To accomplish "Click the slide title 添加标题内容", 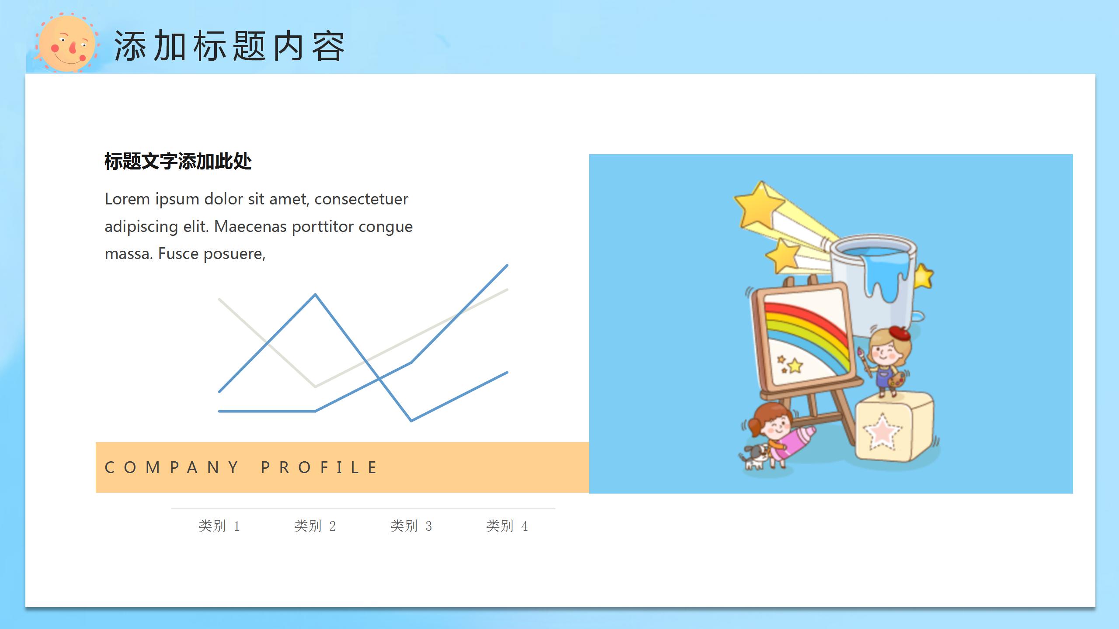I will [229, 46].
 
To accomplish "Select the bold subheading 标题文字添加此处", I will [178, 161].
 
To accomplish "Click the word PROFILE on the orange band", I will [319, 467].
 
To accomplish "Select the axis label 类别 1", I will [219, 526].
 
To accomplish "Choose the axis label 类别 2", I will [315, 526].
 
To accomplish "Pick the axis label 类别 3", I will [411, 526].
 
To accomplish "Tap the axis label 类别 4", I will [507, 526].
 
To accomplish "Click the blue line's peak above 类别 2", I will [315, 295].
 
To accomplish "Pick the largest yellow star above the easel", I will [759, 204].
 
